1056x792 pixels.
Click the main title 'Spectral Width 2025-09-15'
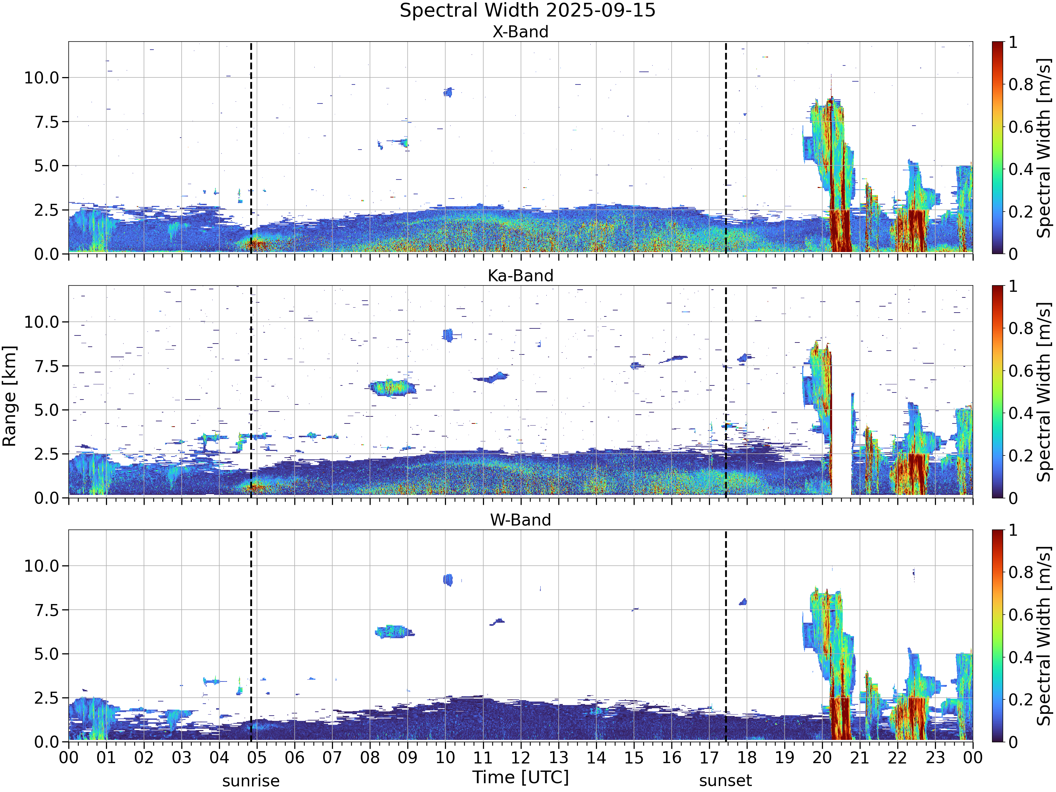pos(528,11)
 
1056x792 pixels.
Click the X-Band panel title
pos(520,32)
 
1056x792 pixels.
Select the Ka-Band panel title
pos(520,276)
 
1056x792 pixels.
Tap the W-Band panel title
pos(520,520)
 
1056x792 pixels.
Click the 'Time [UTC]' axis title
pos(520,777)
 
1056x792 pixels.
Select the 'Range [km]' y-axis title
pos(10,396)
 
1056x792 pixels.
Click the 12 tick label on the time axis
pos(520,758)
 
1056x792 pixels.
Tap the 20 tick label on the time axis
pos(822,758)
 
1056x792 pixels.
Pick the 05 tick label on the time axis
pos(257,758)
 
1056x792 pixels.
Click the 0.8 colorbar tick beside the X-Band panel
pos(1021,84)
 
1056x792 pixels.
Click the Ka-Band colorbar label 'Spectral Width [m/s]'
pos(1044,392)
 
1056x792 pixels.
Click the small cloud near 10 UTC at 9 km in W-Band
pos(448,580)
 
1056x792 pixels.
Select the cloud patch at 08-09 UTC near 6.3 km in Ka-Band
pos(392,388)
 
